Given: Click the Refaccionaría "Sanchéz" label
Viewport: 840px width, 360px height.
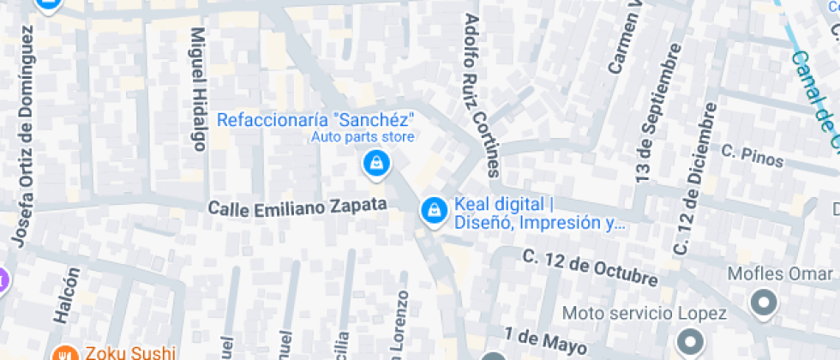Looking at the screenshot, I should [315, 119].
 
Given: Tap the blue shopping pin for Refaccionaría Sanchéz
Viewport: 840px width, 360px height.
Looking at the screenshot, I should [375, 163].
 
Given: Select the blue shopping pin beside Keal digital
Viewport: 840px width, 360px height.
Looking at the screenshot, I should [434, 210].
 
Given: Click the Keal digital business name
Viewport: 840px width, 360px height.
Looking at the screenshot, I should [500, 205].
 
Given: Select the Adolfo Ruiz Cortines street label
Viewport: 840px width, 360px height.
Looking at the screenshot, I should [480, 94].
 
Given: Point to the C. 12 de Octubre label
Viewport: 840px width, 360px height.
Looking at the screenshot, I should [591, 267].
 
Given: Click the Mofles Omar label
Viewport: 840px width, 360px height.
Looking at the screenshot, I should [779, 274].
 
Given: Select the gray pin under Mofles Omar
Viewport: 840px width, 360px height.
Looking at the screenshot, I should [762, 302].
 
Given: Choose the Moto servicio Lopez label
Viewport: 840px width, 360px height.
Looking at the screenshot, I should [644, 314].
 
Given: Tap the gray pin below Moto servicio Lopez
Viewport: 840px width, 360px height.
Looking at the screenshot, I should [688, 341].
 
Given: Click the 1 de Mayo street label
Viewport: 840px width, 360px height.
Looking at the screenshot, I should [544, 339].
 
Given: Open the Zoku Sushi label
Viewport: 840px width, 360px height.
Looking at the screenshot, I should [129, 352].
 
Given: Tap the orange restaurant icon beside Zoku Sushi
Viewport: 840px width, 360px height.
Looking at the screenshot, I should [63, 353].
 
